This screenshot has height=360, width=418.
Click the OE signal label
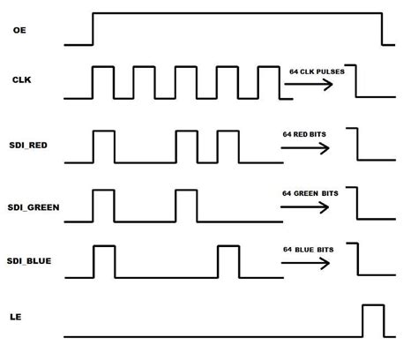pos(19,30)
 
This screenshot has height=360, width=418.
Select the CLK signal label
pos(21,79)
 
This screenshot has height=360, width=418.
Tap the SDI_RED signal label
pos(28,146)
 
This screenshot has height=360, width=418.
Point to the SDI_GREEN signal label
pos(34,207)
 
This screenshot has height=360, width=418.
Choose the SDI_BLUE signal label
pos(29,261)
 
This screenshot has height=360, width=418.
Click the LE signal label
pos(16,317)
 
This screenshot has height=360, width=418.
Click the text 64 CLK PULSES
pos(317,71)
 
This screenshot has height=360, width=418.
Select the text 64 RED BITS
pos(304,134)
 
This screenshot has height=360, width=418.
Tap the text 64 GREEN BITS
pos(310,193)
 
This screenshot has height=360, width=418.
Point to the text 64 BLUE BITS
pos(309,250)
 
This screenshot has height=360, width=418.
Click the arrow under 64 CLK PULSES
pos(309,85)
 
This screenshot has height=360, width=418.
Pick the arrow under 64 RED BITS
pos(305,148)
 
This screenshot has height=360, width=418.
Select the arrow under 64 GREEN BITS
pos(304,207)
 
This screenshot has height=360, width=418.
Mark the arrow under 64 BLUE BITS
pos(305,263)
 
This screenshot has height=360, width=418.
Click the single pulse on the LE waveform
pos(373,305)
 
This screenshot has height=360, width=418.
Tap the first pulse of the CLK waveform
pos(103,67)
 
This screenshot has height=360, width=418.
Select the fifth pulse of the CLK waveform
pos(269,67)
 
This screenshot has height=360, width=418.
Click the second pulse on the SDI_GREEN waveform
pos(186,191)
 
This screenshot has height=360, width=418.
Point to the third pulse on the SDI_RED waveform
pos(228,131)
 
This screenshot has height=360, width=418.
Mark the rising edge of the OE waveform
pos(93,29)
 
